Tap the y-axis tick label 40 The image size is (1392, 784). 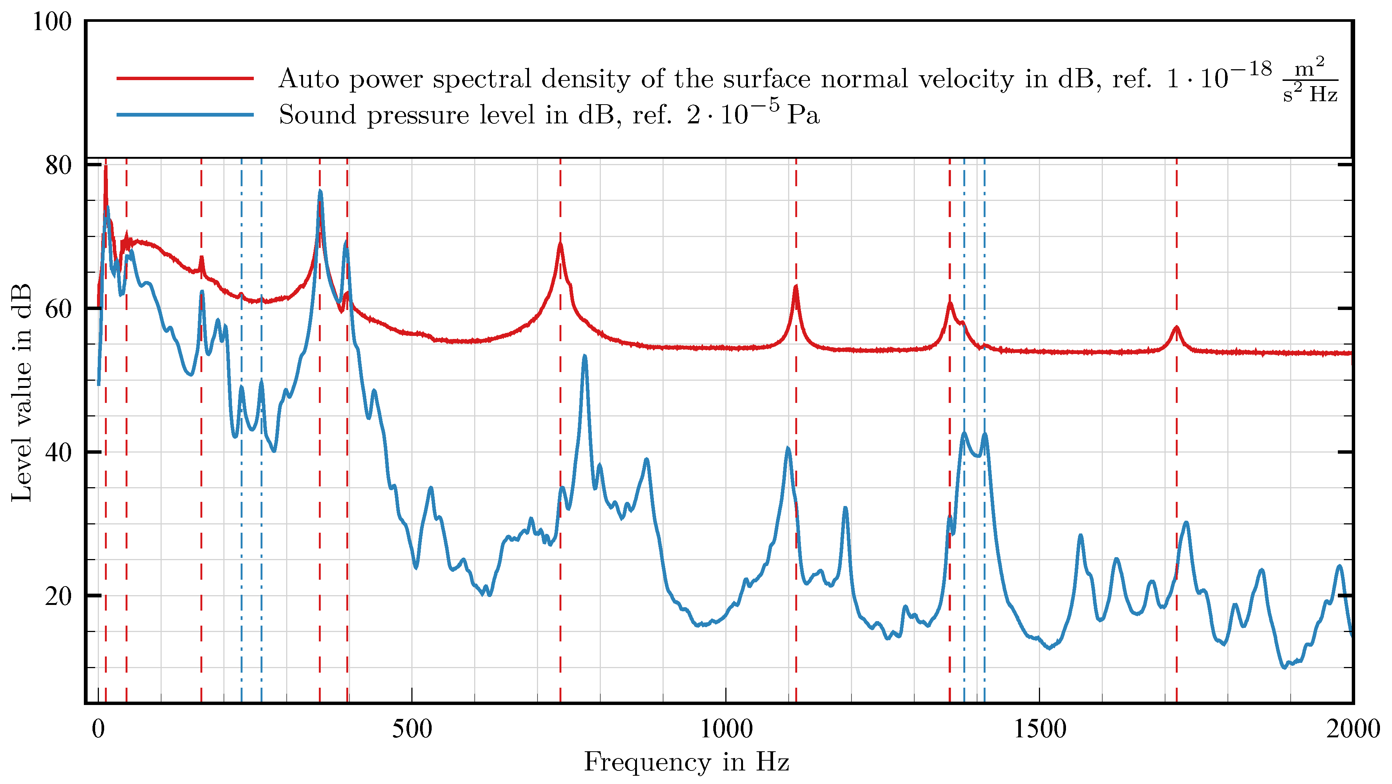point(58,452)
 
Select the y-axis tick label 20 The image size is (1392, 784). point(58,596)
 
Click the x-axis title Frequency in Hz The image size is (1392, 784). point(686,763)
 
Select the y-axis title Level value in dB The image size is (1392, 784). point(21,393)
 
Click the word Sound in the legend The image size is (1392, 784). point(317,115)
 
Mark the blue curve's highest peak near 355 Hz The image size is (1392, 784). point(320,191)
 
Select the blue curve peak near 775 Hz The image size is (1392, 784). point(585,356)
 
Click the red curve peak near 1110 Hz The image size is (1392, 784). point(795,287)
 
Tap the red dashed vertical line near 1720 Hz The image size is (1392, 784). point(1177,487)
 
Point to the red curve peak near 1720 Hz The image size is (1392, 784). point(1177,327)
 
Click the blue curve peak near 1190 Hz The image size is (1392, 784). point(845,508)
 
